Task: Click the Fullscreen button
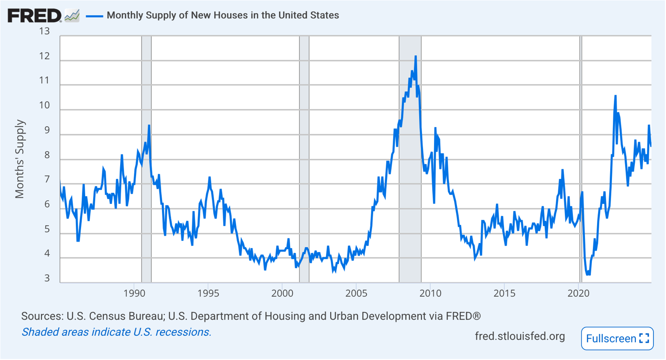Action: [617, 339]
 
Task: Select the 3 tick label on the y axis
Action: [47, 278]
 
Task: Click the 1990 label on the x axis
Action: [134, 293]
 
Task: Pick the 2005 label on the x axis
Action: [356, 293]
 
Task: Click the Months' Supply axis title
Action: [20, 159]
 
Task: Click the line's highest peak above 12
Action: [415, 57]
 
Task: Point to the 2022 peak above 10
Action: [615, 96]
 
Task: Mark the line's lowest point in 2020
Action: [588, 274]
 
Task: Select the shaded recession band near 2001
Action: [304, 158]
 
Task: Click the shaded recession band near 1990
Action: [146, 158]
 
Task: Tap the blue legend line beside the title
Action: [95, 15]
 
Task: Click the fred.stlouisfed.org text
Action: [520, 336]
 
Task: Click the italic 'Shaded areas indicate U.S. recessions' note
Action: [116, 332]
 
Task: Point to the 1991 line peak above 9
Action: [149, 126]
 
